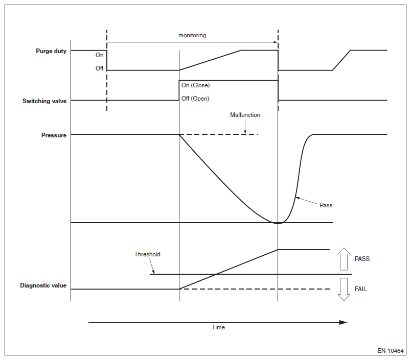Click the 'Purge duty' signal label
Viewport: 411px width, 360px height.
51,51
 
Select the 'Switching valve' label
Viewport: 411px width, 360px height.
44,101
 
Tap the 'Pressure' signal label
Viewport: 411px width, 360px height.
54,135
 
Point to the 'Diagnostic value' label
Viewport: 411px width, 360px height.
43,285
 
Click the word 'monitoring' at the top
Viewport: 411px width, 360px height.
192,35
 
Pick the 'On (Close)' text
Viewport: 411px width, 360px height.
195,85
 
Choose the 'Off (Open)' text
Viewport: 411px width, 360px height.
195,99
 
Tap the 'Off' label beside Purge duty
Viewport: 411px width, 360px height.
99,68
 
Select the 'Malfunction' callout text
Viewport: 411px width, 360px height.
245,115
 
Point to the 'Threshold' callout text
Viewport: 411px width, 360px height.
147,254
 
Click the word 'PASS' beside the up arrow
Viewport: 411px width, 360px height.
362,259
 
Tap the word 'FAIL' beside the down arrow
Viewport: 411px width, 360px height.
360,289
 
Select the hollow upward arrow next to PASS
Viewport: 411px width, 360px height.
344,259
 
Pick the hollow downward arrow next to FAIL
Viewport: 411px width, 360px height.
344,289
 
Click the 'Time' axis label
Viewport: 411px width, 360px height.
218,327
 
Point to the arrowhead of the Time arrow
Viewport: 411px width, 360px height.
344,322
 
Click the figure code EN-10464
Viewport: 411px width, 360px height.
391,351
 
